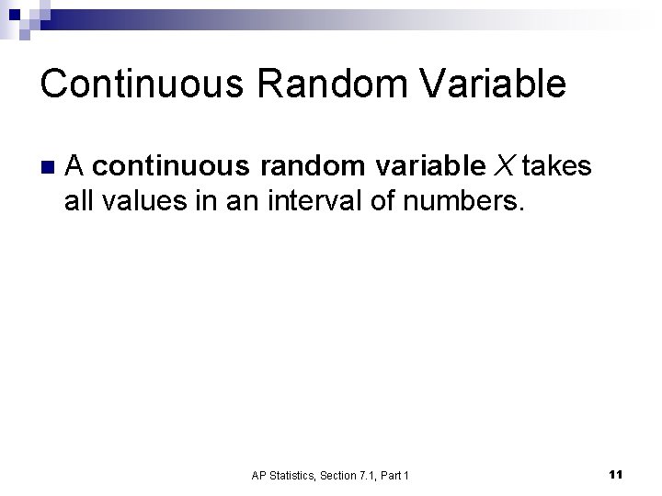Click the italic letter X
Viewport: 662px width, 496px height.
tap(505, 166)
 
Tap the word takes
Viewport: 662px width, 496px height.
tap(556, 166)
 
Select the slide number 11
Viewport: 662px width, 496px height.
tap(616, 474)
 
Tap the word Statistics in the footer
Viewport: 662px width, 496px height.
tap(294, 475)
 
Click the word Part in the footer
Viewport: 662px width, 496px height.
tap(394, 475)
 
